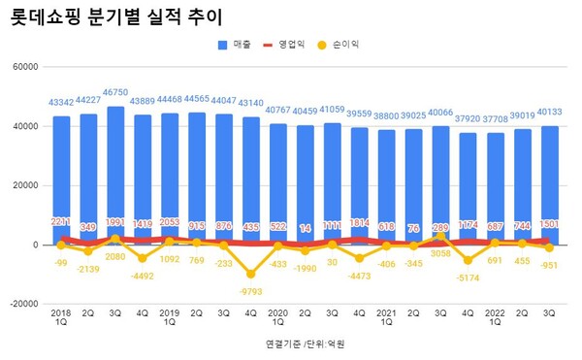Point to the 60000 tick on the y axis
pyautogui.click(x=23, y=66)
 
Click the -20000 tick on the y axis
pyautogui.click(x=21, y=304)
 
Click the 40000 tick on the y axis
pyautogui.click(x=23, y=126)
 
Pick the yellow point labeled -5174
pyautogui.click(x=469, y=260)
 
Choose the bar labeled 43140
pyautogui.click(x=251, y=180)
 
